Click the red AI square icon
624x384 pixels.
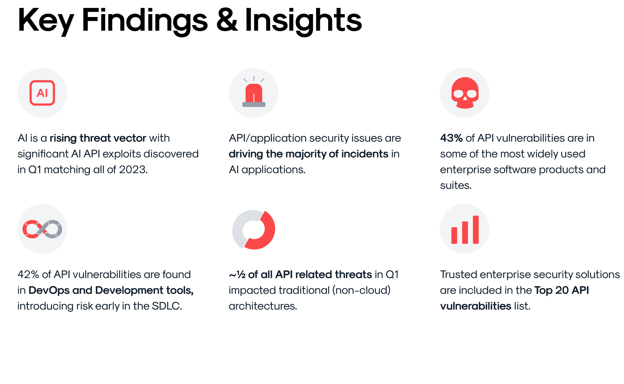coord(42,93)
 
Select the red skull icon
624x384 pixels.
coord(465,93)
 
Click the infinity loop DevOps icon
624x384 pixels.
coord(42,229)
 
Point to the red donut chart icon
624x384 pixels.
coord(254,230)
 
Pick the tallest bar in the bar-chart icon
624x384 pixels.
coord(476,229)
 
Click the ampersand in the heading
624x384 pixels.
coord(227,20)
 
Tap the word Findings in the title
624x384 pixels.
coord(145,21)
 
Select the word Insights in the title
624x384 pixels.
coord(303,20)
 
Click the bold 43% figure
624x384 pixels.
coord(451,138)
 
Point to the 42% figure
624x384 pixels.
coord(28,275)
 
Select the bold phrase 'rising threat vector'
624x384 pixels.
coord(98,138)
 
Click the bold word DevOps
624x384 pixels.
coord(49,290)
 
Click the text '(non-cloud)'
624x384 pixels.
coord(361,290)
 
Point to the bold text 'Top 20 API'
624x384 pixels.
coord(561,290)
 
